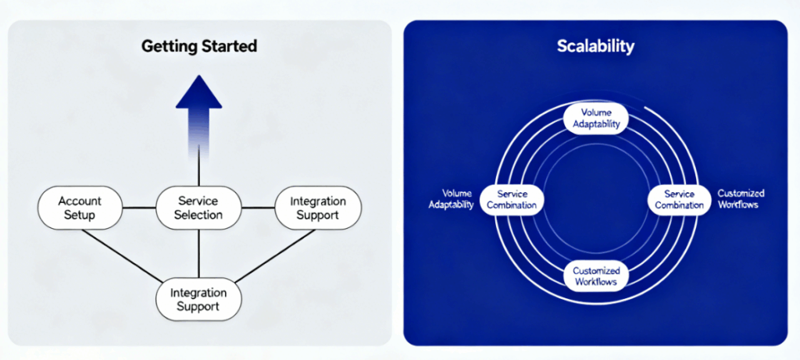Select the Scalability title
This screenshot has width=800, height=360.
point(595,46)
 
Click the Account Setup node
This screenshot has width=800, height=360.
point(80,208)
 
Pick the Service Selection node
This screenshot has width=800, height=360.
point(198,208)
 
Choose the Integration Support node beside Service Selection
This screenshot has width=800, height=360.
point(318,208)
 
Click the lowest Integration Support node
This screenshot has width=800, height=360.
point(198,299)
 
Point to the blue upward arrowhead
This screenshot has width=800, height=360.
point(199,92)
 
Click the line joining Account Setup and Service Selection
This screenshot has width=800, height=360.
point(139,208)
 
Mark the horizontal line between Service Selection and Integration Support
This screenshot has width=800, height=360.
point(258,208)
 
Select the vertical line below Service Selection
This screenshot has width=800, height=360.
point(198,254)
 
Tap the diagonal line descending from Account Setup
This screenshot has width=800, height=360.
point(121,255)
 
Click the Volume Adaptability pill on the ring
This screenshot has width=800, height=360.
point(595,118)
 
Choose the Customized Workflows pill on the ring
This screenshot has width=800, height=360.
point(595,276)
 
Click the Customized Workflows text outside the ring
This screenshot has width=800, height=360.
point(741,199)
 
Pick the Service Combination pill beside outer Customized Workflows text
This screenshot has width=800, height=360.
point(679,199)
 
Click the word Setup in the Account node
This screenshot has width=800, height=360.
point(80,215)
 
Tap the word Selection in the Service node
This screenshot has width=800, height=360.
point(198,215)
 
